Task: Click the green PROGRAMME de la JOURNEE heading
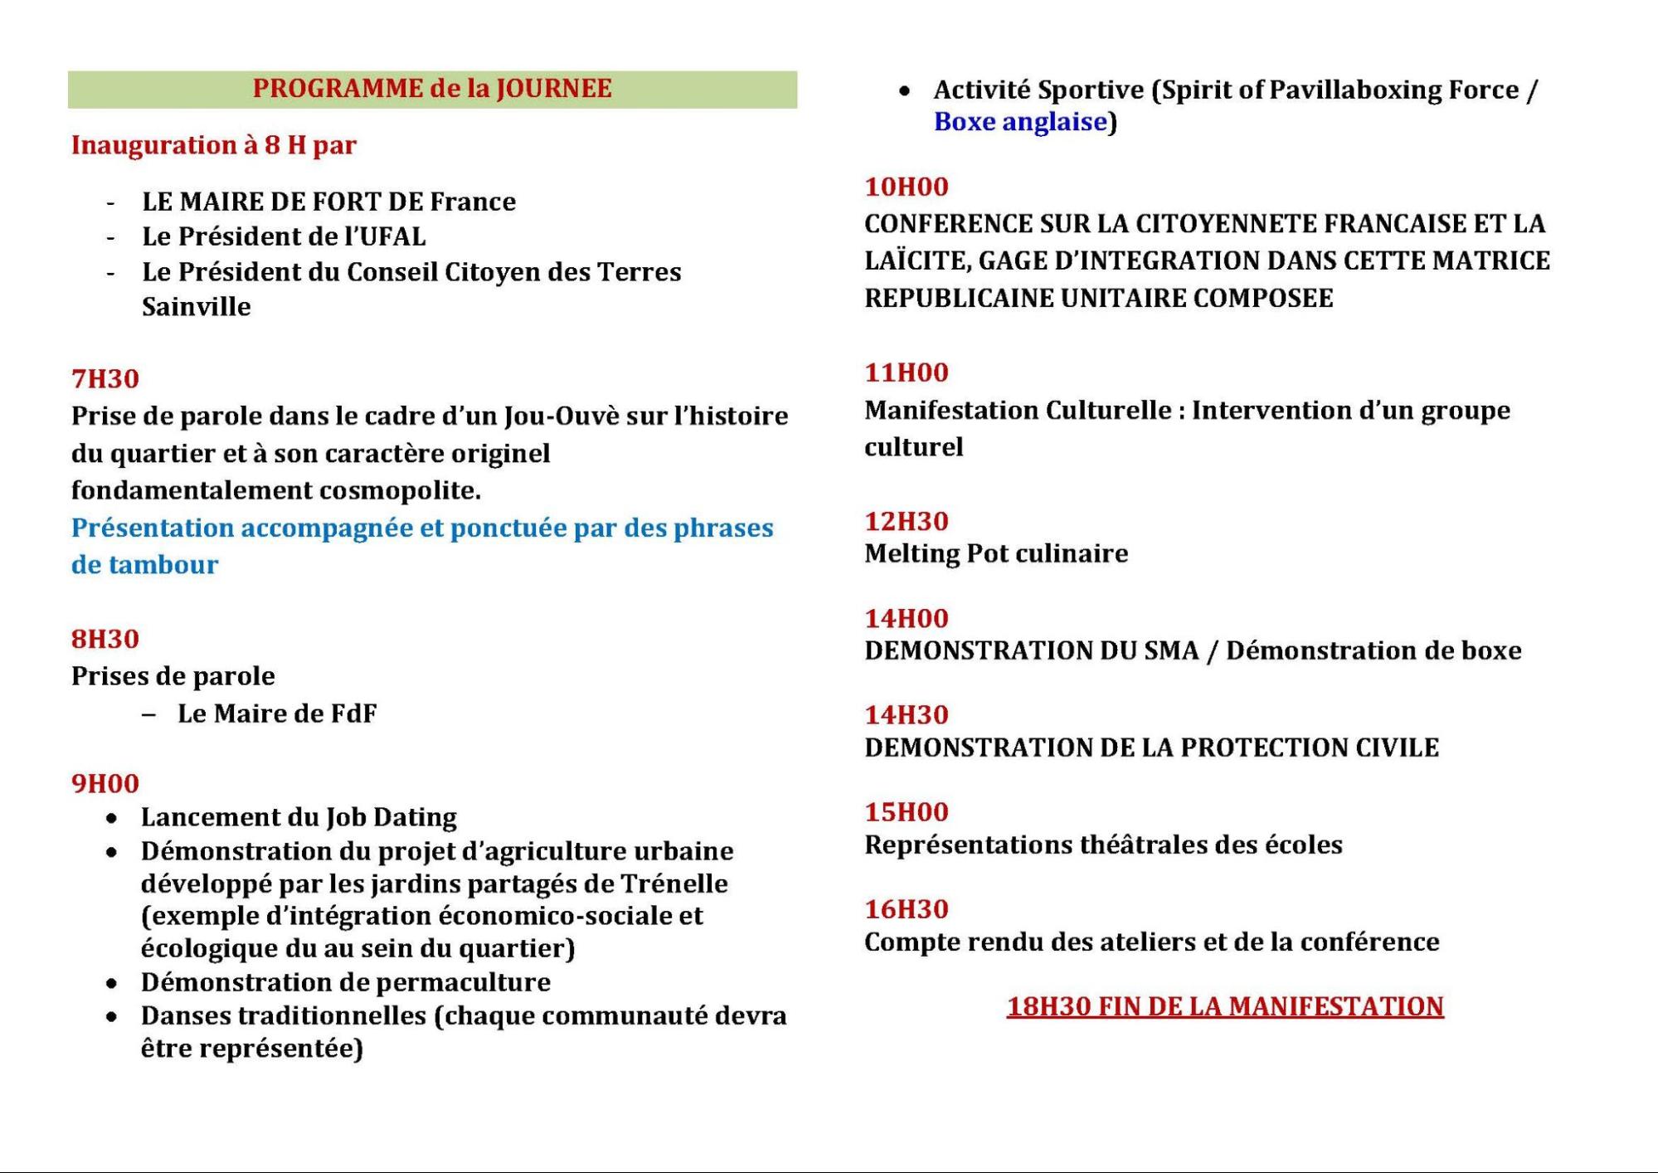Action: (x=431, y=89)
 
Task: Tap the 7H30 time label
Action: (x=105, y=379)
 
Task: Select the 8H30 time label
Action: (x=105, y=639)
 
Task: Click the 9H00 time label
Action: (x=105, y=783)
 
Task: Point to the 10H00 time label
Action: (x=906, y=187)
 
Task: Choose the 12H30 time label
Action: (x=906, y=521)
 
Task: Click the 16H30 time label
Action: (x=906, y=909)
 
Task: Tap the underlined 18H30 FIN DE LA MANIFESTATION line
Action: (x=1224, y=1006)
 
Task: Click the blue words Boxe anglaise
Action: (x=1020, y=122)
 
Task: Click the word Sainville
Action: (x=196, y=307)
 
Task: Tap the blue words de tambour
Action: (x=144, y=565)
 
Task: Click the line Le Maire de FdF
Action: (x=276, y=713)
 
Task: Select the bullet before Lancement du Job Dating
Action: (x=112, y=819)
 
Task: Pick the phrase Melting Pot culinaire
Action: (x=995, y=553)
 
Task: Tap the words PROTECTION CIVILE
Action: (x=1309, y=747)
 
